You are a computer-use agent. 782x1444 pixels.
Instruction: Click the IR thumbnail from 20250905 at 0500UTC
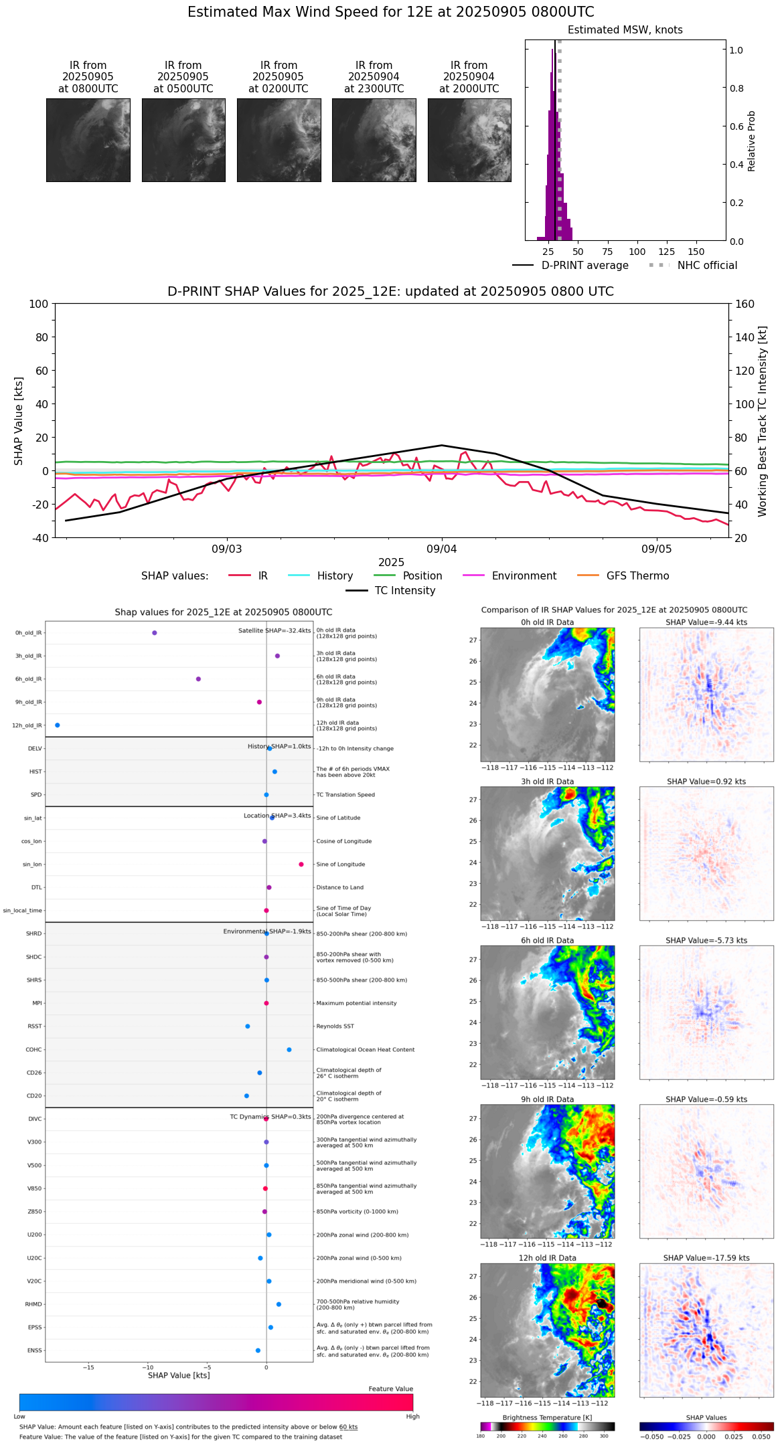tap(183, 140)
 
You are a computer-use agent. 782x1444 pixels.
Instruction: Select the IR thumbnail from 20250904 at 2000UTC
tap(469, 140)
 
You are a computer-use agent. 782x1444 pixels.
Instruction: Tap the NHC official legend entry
tap(707, 266)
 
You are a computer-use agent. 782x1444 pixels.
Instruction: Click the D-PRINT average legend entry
tap(584, 266)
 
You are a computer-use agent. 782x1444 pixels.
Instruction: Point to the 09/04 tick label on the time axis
tap(441, 549)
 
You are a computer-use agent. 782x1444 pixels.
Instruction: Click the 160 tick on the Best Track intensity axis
tap(745, 304)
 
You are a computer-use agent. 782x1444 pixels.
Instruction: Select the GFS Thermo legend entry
tap(637, 576)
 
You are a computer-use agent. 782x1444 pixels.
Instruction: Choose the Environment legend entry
tap(524, 576)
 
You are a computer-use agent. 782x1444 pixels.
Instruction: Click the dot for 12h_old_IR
tap(57, 725)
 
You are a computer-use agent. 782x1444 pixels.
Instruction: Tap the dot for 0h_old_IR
tap(155, 633)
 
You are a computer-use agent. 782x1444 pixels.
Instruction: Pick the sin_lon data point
tap(301, 865)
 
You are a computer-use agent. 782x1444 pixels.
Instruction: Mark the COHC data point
tap(289, 1050)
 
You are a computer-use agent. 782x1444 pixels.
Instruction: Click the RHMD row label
tap(33, 1304)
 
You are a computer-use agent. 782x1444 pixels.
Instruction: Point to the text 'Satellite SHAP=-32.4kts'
tap(275, 631)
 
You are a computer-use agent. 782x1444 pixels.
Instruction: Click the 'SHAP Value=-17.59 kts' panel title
tap(706, 1258)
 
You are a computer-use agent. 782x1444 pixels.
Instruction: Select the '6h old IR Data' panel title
tap(547, 941)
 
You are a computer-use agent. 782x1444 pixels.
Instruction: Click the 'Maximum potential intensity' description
tap(356, 1004)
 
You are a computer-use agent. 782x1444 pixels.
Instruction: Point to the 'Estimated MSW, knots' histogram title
tap(625, 30)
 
